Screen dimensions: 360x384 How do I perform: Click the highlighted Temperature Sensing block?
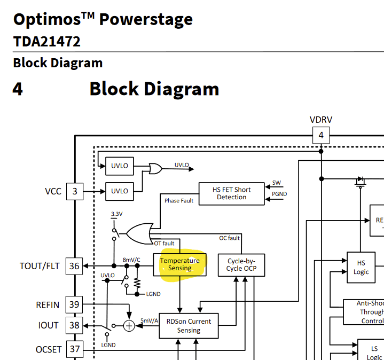pyautogui.click(x=180, y=264)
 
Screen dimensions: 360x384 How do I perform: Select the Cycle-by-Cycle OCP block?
pyautogui.click(x=241, y=264)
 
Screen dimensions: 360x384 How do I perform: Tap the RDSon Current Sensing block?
pyautogui.click(x=189, y=326)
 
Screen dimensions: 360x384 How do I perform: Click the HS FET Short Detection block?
pyautogui.click(x=231, y=193)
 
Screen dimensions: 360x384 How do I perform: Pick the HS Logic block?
pyautogui.click(x=361, y=268)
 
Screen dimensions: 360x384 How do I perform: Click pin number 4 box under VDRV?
pyautogui.click(x=321, y=135)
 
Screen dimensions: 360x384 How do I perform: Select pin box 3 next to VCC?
pyautogui.click(x=74, y=191)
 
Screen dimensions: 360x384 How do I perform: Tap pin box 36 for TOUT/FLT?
pyautogui.click(x=74, y=265)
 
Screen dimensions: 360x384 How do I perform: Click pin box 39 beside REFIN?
pyautogui.click(x=74, y=305)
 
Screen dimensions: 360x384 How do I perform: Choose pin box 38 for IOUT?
pyautogui.click(x=74, y=325)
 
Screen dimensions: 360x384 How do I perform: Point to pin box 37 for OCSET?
pyautogui.click(x=74, y=349)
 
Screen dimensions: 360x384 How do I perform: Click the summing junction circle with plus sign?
pyautogui.click(x=129, y=325)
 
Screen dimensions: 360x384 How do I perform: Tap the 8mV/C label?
pyautogui.click(x=131, y=260)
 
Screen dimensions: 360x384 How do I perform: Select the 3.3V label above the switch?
pyautogui.click(x=116, y=214)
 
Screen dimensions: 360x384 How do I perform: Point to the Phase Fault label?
pyautogui.click(x=179, y=201)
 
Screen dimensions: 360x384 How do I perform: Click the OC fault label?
pyautogui.click(x=230, y=238)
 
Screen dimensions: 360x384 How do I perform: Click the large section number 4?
pyautogui.click(x=18, y=89)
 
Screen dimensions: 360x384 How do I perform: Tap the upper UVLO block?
pyautogui.click(x=120, y=166)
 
